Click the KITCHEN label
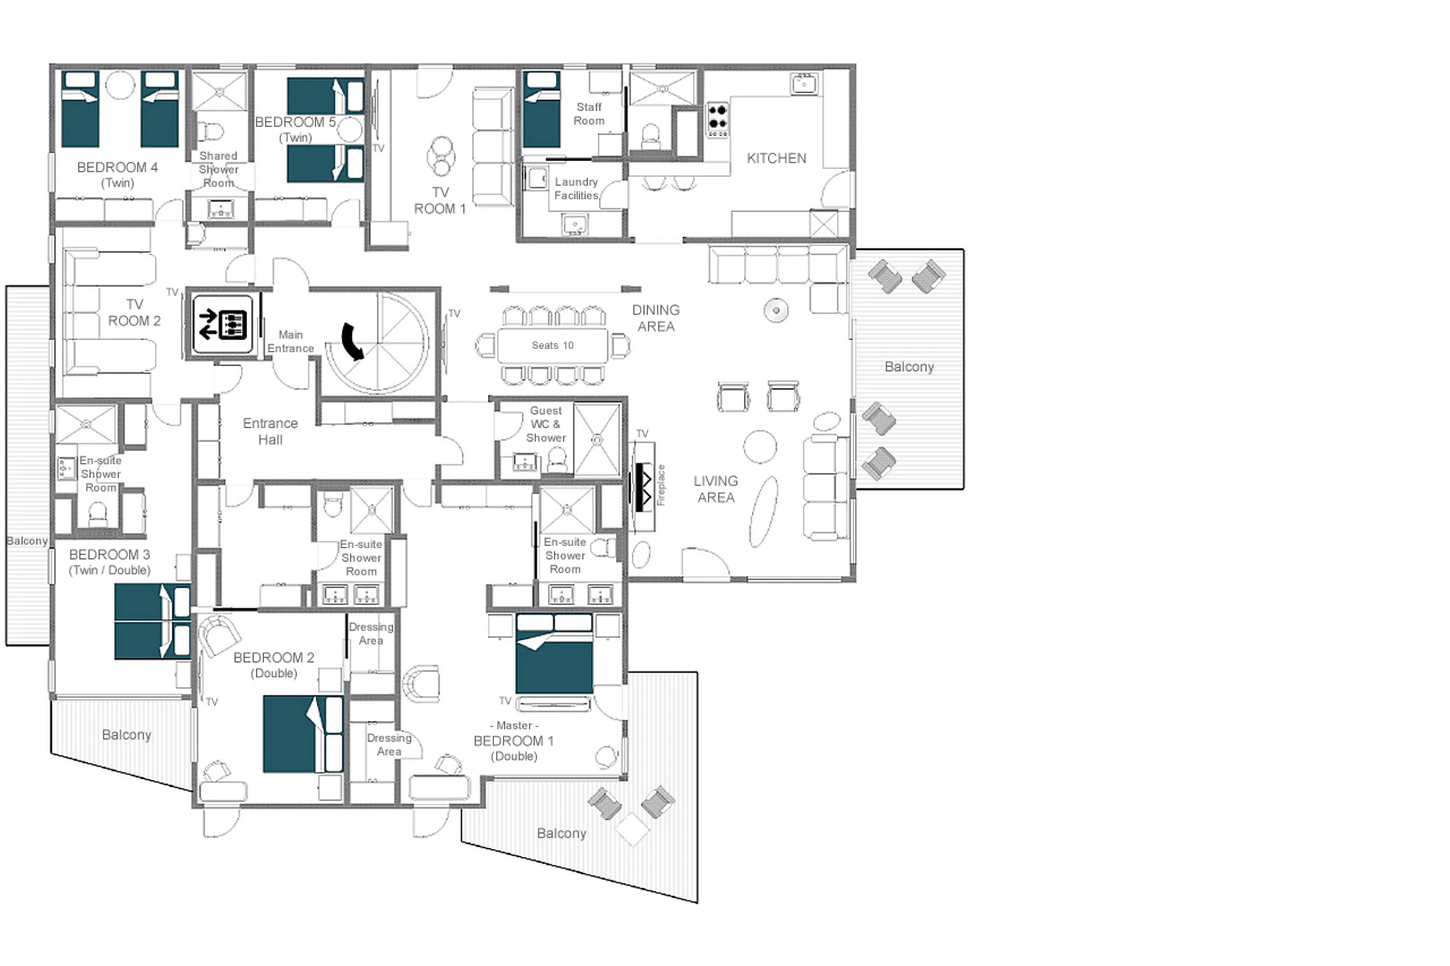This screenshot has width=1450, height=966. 776,158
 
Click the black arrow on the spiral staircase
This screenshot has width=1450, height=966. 353,341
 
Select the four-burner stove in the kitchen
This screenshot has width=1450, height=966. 717,120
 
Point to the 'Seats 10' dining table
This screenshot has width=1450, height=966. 552,345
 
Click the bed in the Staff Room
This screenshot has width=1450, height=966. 541,109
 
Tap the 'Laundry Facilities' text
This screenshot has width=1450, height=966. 575,188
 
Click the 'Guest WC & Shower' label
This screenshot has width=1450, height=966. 545,424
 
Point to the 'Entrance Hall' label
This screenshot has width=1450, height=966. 270,431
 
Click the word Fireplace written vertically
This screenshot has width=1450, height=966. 661,485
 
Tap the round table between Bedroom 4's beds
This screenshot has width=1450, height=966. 120,85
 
